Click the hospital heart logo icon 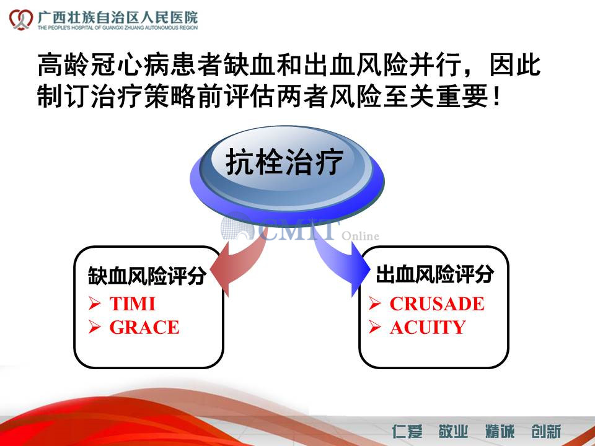click(x=21, y=19)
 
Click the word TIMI click(x=133, y=304)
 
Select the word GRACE click(x=144, y=327)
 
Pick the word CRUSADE click(x=437, y=304)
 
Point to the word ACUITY click(x=428, y=327)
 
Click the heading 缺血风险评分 click(x=148, y=276)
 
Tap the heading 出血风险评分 click(x=435, y=274)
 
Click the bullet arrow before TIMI click(x=94, y=304)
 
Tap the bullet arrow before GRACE click(x=94, y=327)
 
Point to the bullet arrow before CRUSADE click(x=375, y=304)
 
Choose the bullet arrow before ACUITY click(x=375, y=327)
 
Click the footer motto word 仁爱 click(x=407, y=432)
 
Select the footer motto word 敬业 click(x=454, y=432)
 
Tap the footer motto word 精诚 click(x=500, y=432)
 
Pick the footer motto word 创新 click(x=547, y=432)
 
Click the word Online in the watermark click(x=361, y=236)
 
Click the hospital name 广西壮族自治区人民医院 click(x=118, y=17)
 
